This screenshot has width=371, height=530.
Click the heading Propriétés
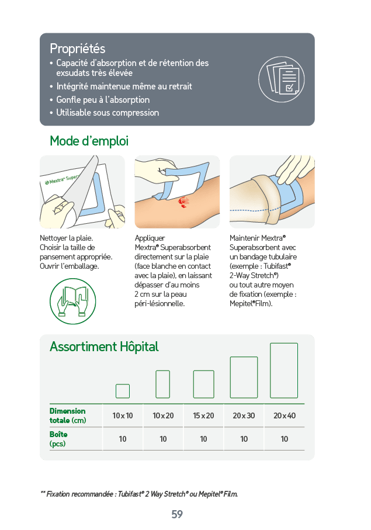point(77,49)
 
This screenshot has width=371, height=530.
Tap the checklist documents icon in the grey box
point(282,79)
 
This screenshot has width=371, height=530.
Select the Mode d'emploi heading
point(89,141)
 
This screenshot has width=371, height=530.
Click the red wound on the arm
point(183,202)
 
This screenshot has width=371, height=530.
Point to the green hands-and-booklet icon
point(72,301)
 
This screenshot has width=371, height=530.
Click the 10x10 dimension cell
point(123,415)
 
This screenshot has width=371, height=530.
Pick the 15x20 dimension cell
point(203,415)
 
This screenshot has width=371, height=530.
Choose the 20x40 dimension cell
point(285,415)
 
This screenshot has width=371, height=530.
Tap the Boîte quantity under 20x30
point(244,439)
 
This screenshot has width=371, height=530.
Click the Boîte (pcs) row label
point(58,439)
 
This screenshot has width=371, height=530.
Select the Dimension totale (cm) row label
point(68,415)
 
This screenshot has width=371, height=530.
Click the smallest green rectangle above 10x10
point(123,391)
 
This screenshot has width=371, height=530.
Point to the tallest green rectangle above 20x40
point(284,370)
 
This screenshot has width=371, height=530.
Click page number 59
point(177,514)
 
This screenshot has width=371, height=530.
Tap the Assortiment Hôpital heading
point(104,347)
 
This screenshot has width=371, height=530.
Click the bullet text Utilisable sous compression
point(108,113)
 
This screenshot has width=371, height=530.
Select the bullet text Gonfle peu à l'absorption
point(103,100)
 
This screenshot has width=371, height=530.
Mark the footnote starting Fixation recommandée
point(139,494)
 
